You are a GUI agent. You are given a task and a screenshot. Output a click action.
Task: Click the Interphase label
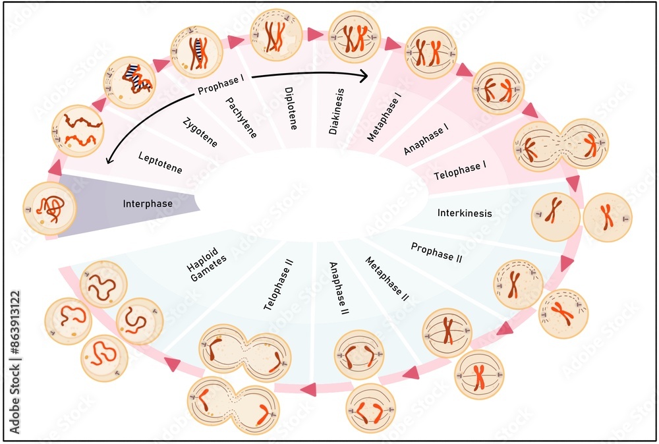click(x=148, y=204)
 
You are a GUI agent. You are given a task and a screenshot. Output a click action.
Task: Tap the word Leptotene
click(x=160, y=162)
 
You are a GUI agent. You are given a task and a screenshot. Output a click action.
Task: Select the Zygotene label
click(x=200, y=132)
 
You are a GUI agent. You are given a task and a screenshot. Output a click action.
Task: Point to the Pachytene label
click(x=241, y=117)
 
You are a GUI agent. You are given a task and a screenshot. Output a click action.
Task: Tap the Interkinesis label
click(x=465, y=213)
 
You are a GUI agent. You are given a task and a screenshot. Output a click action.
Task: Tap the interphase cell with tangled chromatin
click(x=49, y=208)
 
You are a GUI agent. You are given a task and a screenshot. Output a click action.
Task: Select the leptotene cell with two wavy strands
click(x=77, y=130)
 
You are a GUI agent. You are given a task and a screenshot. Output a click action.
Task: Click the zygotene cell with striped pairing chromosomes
click(x=130, y=82)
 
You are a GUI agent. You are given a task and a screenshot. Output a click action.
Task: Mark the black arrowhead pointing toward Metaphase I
click(x=363, y=77)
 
